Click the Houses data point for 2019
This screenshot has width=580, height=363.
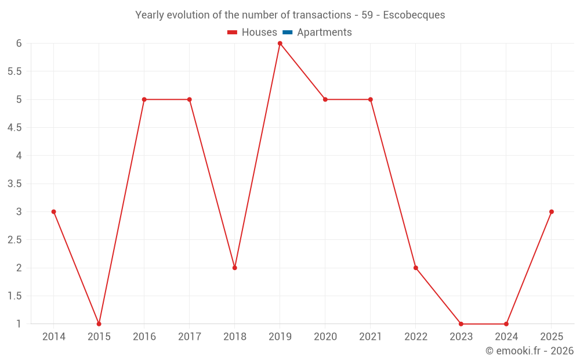[280, 44]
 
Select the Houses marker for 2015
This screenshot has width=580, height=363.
[99, 324]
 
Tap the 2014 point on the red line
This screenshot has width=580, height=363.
[54, 211]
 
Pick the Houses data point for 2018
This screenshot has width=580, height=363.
[235, 268]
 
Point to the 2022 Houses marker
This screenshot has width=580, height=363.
[416, 268]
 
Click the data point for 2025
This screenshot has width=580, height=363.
[552, 211]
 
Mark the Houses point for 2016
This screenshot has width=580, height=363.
[144, 99]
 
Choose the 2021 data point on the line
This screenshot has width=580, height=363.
[371, 99]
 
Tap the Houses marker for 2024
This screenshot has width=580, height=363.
[506, 324]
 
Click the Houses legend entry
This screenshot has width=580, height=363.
[252, 33]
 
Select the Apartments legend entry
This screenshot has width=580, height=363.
[317, 33]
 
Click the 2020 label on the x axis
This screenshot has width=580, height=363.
[325, 337]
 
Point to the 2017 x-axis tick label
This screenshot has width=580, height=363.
[190, 337]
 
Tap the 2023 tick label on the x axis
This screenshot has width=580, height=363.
[461, 337]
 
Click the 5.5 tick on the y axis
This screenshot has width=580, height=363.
[14, 71]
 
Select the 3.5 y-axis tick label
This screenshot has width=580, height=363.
[14, 184]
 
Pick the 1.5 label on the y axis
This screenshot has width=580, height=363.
[14, 296]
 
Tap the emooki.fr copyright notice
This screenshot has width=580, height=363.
[530, 351]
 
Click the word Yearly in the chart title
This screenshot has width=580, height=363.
[150, 15]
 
